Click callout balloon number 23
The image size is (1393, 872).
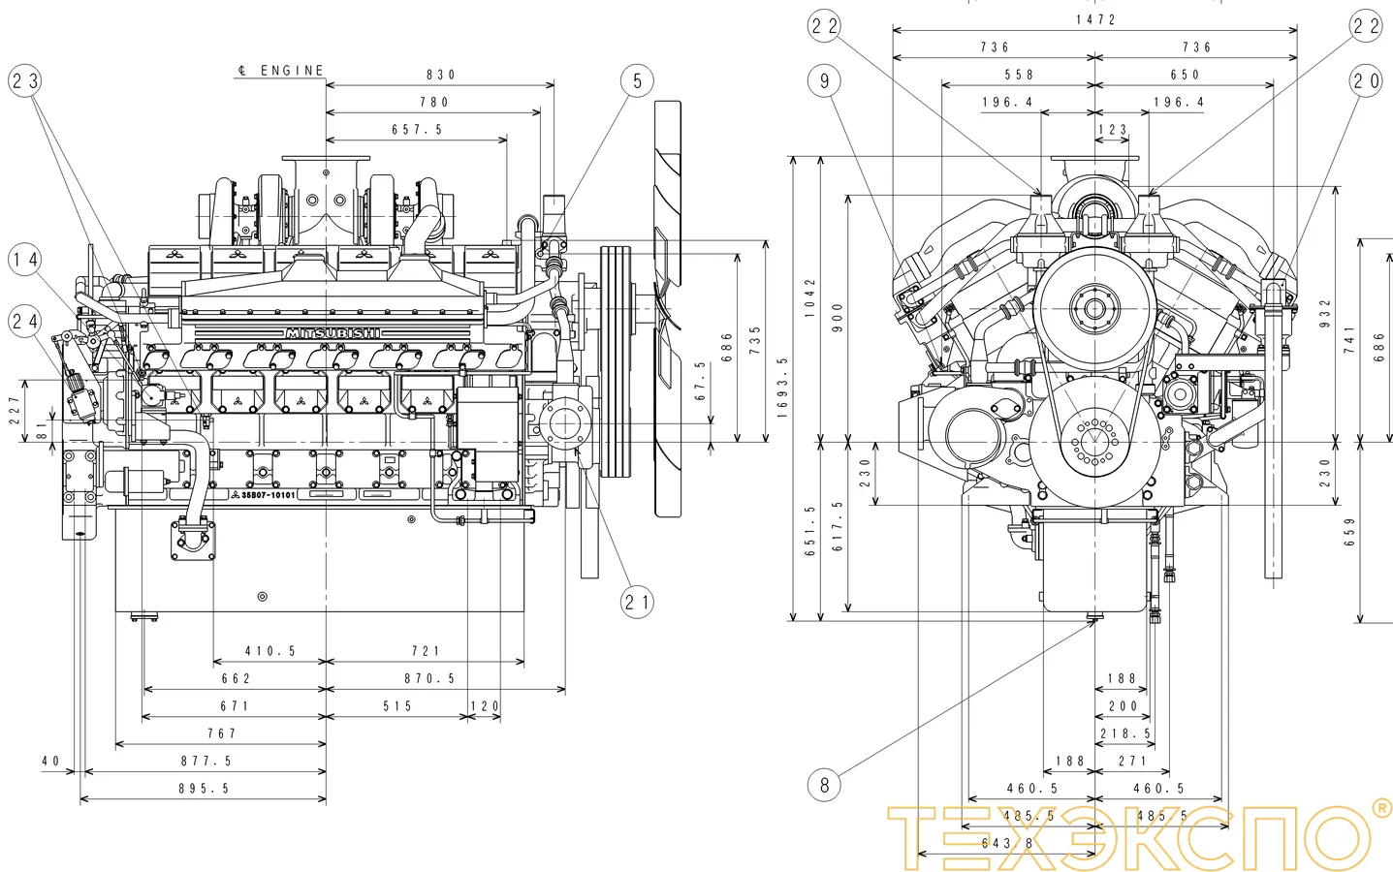(26, 80)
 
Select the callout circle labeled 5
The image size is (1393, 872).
(637, 80)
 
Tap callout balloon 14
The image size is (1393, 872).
(26, 260)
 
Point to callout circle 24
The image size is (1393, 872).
(26, 320)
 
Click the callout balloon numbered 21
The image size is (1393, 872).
(637, 602)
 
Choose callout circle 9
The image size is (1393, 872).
(824, 80)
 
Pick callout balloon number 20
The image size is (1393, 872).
(1366, 80)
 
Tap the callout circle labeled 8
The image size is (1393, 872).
(824, 784)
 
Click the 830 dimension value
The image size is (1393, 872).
(440, 75)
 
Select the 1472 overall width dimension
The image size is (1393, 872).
(1095, 19)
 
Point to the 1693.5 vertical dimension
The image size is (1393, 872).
(781, 388)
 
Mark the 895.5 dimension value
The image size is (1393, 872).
(205, 789)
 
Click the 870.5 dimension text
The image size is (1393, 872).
(429, 679)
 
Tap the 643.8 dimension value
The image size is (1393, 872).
(1007, 843)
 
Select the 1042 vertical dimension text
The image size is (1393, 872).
(810, 297)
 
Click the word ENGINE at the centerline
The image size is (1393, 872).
(292, 71)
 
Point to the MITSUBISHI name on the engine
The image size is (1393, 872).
(332, 333)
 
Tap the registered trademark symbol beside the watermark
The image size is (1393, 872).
(1380, 807)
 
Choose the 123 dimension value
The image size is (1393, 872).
(1113, 129)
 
